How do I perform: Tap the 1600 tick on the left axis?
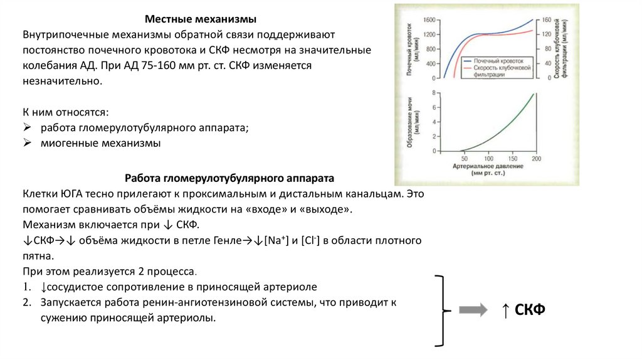[x=428, y=20]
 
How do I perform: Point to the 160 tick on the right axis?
[x=547, y=20]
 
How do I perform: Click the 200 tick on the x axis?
[x=536, y=159]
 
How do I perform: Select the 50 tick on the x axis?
[x=465, y=159]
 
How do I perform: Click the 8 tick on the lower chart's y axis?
[x=433, y=93]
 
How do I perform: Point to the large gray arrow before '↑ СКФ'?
[x=474, y=310]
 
